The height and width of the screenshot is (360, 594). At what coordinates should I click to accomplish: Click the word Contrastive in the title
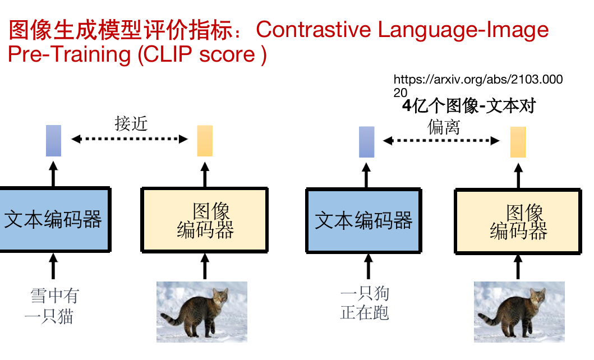[314, 30]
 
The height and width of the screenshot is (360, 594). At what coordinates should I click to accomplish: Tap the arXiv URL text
[478, 86]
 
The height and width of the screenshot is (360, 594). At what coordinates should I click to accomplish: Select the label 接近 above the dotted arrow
[131, 123]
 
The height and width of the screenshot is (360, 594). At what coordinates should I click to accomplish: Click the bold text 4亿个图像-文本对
[469, 105]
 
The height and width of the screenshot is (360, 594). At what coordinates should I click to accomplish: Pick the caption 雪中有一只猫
[52, 306]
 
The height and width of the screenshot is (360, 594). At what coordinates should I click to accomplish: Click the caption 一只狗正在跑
[365, 303]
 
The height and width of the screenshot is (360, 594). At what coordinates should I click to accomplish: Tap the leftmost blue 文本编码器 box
[54, 220]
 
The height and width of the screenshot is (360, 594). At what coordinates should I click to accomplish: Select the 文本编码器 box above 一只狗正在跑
[363, 220]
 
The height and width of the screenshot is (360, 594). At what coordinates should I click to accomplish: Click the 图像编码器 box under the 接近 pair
[205, 220]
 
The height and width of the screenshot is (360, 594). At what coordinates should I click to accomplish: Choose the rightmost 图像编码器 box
[518, 221]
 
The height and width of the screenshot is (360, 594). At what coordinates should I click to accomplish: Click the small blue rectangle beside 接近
[53, 141]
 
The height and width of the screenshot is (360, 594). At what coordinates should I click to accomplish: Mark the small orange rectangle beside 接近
[205, 141]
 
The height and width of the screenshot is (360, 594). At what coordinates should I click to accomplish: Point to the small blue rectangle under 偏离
[367, 142]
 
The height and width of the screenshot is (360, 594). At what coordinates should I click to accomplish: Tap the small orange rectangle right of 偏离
[518, 142]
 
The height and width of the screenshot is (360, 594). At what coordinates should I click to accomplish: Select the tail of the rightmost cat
[488, 319]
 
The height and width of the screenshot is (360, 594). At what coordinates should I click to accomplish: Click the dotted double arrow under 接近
[130, 139]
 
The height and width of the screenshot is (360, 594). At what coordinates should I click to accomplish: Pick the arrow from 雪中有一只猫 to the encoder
[53, 266]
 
